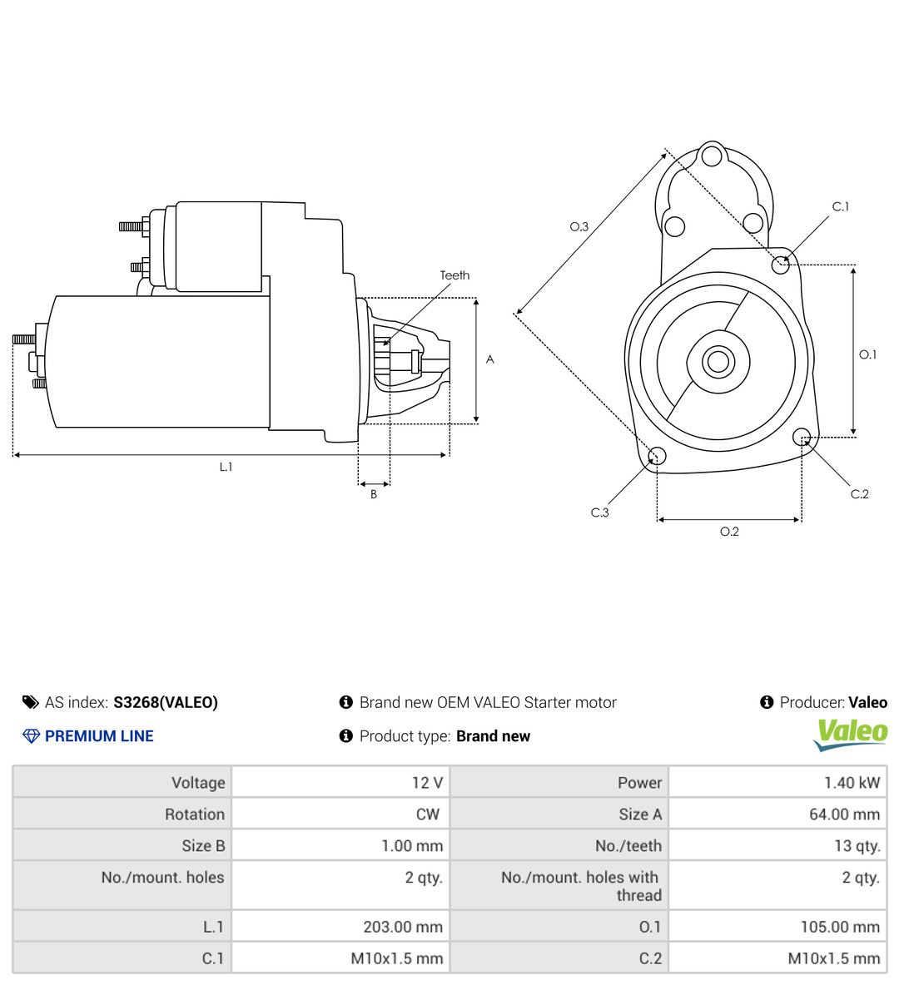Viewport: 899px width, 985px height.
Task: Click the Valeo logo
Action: point(850,735)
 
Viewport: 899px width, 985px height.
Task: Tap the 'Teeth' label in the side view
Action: point(454,275)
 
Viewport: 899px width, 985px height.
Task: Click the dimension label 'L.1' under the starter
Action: point(226,467)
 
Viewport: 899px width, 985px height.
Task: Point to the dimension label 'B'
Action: point(374,494)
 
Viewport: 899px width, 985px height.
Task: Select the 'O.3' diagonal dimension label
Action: point(579,227)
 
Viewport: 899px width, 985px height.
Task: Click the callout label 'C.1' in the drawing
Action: point(841,206)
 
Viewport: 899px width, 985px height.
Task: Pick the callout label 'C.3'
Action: point(600,512)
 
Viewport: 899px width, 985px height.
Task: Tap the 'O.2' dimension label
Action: point(729,532)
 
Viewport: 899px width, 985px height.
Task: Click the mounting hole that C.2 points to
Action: point(802,437)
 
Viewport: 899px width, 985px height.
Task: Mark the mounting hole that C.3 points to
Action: point(657,456)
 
